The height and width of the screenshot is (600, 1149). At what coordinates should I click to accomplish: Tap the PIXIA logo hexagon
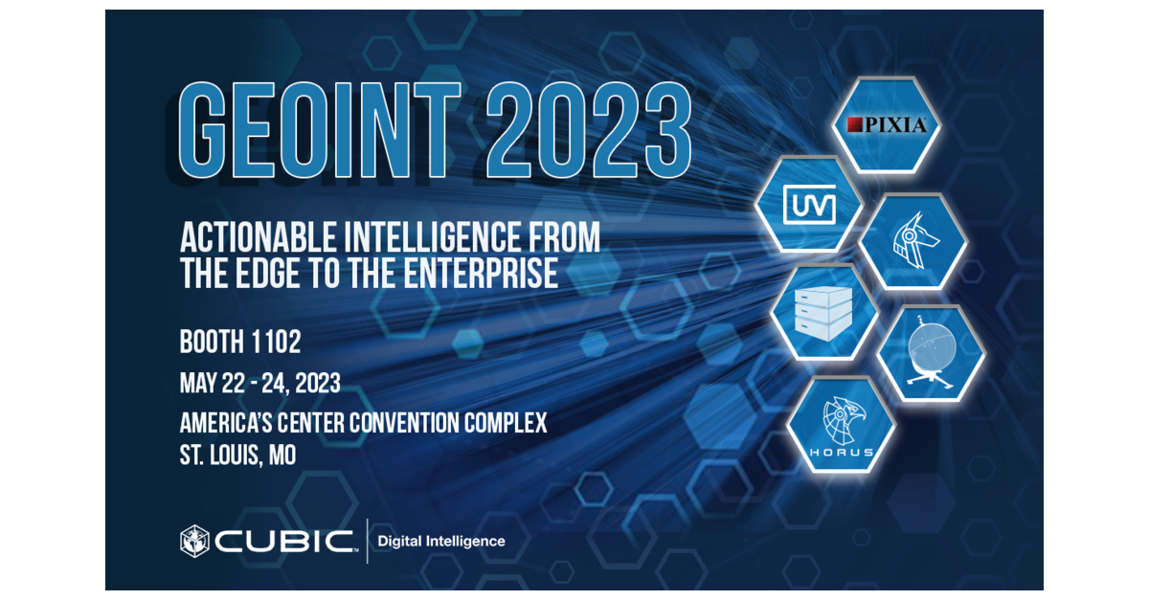886,124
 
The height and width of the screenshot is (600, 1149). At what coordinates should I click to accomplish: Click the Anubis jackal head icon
912,242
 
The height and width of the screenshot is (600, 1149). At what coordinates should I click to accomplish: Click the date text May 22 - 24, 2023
259,383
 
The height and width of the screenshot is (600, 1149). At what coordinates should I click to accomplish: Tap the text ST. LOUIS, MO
237,456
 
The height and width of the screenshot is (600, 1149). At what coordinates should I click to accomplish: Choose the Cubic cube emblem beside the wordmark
194,541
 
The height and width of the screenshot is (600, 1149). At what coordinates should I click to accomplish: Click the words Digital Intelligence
441,542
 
